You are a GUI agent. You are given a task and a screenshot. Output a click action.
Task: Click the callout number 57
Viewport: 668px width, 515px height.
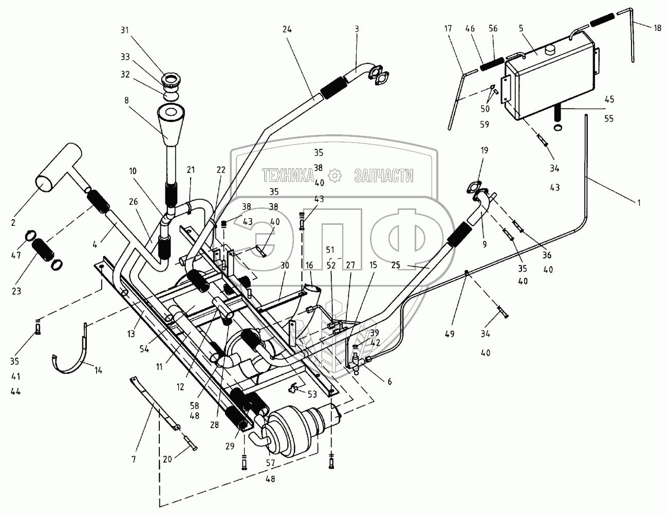click(x=270, y=463)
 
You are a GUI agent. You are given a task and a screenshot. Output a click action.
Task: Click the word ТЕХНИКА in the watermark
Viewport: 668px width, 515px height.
click(x=288, y=175)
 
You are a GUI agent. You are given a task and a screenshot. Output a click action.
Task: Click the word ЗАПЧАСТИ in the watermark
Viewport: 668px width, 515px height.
click(x=383, y=175)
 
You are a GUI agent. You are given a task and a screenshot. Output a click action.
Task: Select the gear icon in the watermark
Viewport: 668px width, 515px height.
click(x=335, y=175)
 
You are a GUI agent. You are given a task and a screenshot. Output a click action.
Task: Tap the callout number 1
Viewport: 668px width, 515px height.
click(x=638, y=203)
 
